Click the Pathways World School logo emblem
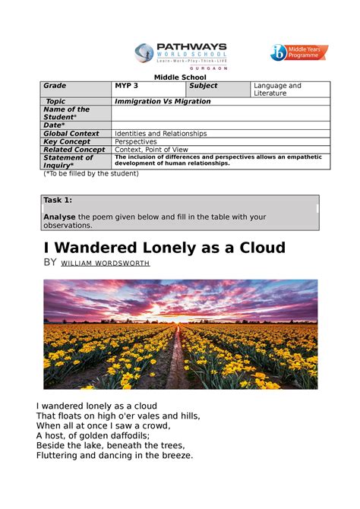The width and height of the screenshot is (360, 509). (x=144, y=52)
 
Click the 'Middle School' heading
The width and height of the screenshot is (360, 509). (x=175, y=77)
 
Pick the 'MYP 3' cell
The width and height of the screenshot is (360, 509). (x=127, y=86)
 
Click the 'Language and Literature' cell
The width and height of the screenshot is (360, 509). (x=278, y=90)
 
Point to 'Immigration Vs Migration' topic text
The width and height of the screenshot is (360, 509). (x=163, y=101)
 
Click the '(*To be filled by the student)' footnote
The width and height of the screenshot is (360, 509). (x=90, y=173)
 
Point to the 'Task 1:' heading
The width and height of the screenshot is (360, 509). (x=58, y=200)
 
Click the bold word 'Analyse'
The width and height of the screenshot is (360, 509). (x=61, y=217)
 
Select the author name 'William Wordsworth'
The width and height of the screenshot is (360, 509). (x=106, y=264)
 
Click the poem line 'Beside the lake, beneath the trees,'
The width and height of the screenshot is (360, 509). (x=109, y=446)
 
